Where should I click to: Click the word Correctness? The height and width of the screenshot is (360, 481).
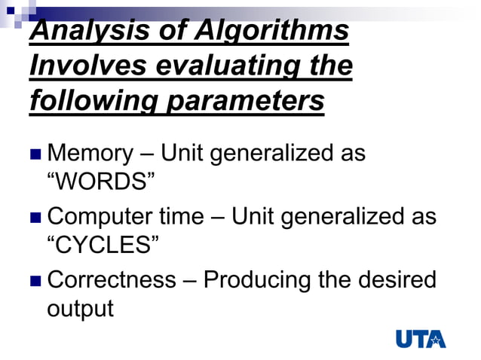(x=112, y=280)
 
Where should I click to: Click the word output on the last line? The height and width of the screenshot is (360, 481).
(x=80, y=308)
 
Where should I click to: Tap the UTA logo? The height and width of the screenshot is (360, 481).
(x=421, y=338)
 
